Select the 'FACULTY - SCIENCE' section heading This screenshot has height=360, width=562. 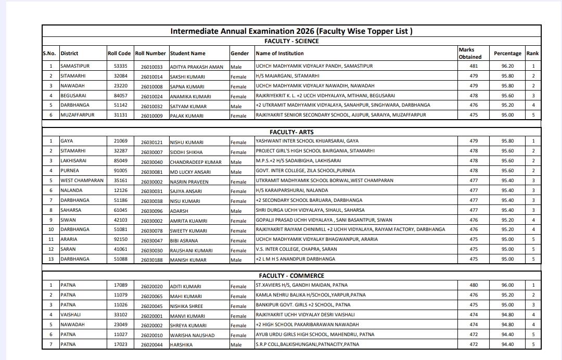tap(291, 41)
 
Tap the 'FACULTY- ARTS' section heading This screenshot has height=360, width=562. tap(291, 132)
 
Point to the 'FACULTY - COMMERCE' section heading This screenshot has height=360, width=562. tap(291, 276)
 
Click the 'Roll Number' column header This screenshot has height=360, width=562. tap(150, 53)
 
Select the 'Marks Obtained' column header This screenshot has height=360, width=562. tap(470, 53)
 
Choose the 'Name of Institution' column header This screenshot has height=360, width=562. tap(280, 53)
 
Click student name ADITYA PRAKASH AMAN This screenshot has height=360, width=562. tap(196, 67)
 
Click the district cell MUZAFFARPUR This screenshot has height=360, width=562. tap(78, 115)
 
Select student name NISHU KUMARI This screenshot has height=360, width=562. tap(187, 142)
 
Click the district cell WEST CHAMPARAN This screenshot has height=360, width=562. tap(82, 181)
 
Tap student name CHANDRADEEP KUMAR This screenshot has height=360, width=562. tap(196, 162)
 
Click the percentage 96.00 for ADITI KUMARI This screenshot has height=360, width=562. tap(507, 285)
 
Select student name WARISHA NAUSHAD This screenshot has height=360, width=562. tap(192, 335)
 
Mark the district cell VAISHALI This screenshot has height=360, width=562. tap(71, 315)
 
